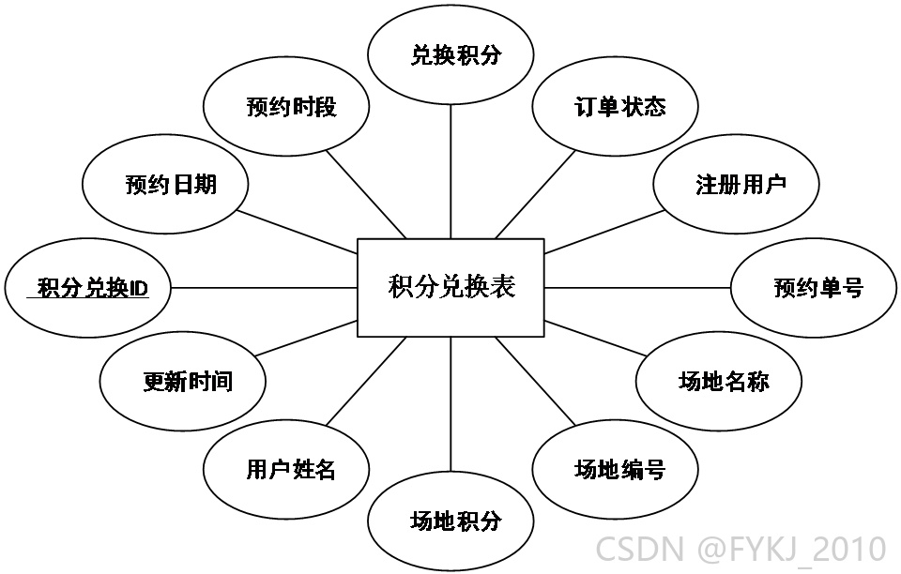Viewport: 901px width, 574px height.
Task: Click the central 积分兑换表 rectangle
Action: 450,288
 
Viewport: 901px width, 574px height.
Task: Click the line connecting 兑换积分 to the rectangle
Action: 450,172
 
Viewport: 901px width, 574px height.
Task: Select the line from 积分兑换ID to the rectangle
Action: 265,288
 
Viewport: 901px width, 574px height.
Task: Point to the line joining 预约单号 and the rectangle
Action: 637,288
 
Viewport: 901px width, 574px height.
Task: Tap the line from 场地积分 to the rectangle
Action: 450,404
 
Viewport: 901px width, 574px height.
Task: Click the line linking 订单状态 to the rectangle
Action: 535,194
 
